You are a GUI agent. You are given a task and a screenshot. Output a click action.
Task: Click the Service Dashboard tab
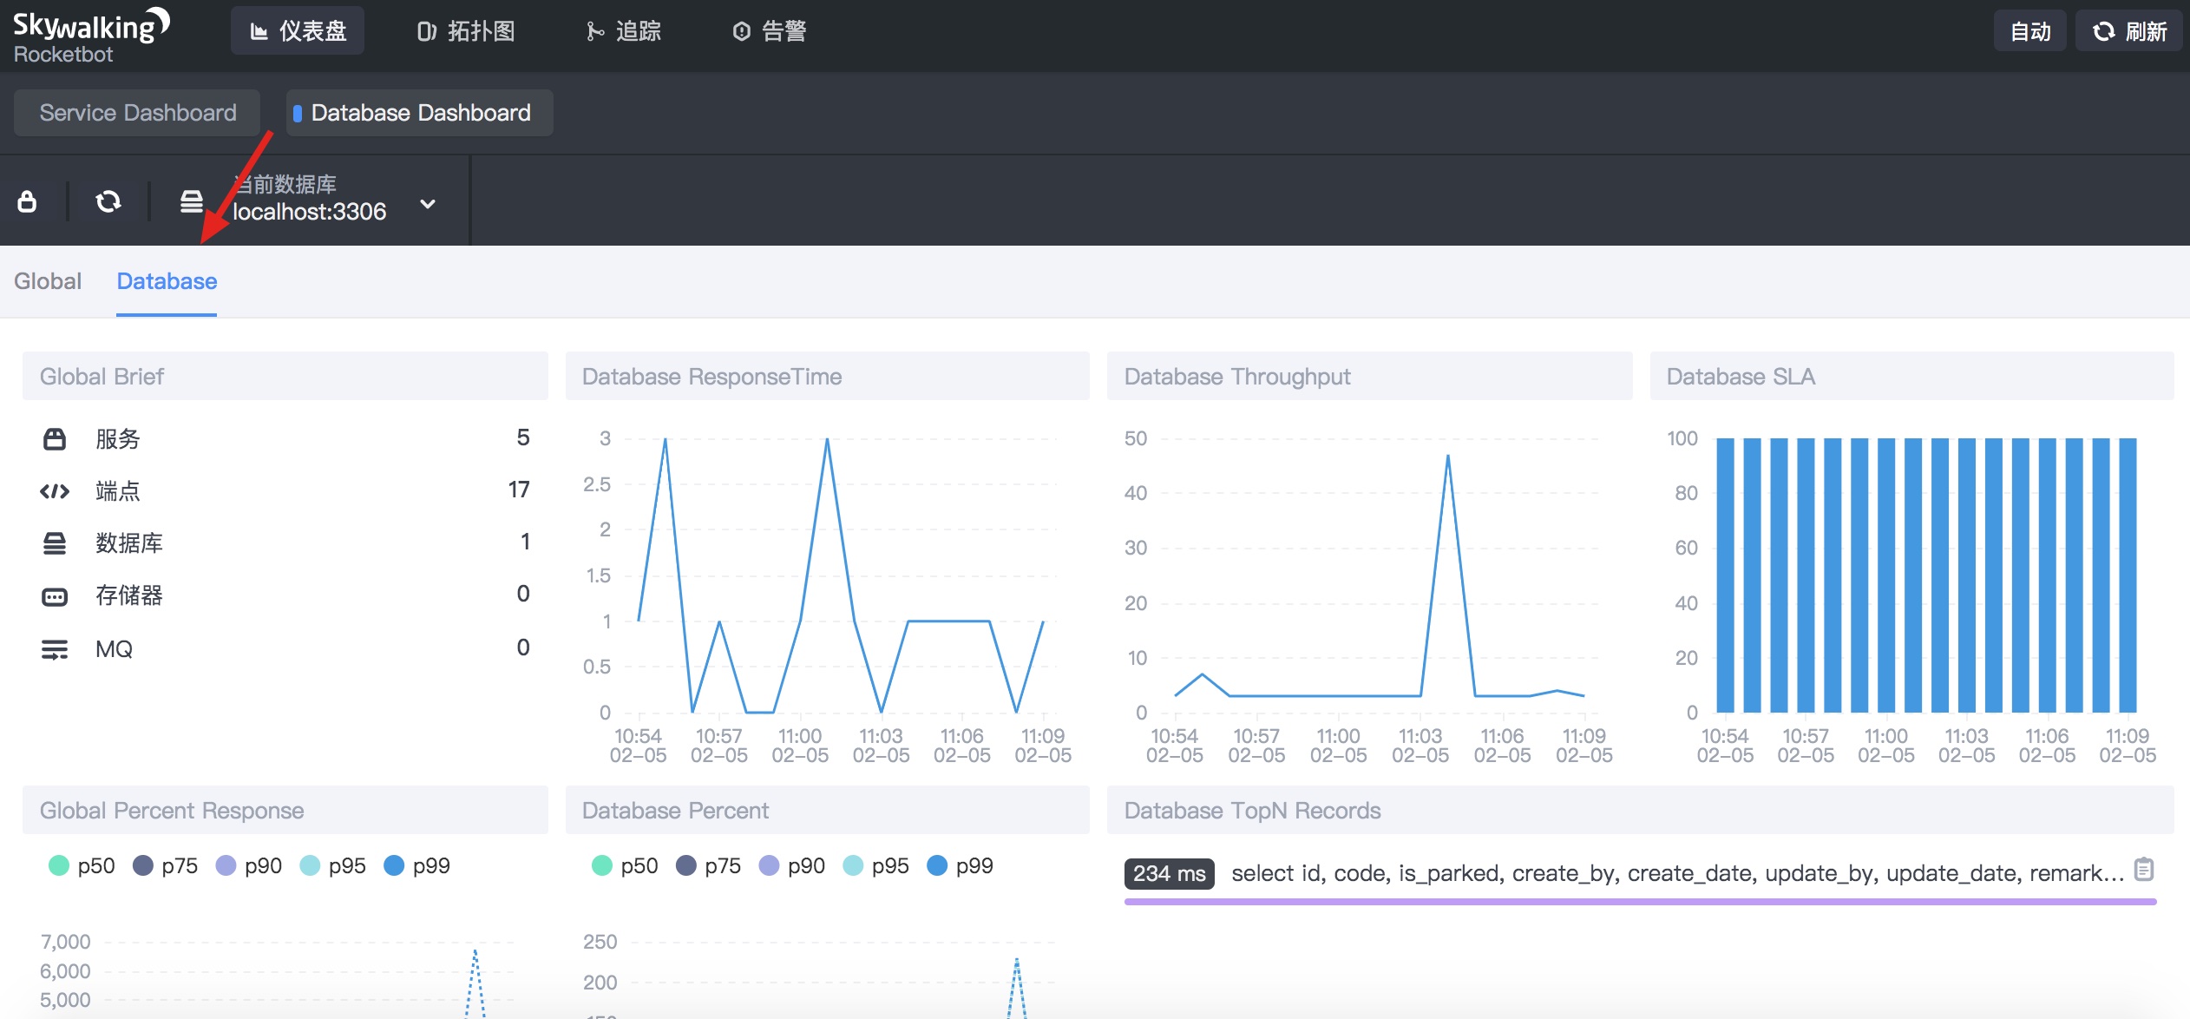click(x=137, y=113)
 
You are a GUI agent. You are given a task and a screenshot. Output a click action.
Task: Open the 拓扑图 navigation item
click(x=466, y=31)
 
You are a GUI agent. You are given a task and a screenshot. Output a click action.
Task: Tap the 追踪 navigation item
click(x=624, y=31)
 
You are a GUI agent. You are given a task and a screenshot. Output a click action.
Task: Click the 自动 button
click(x=2029, y=31)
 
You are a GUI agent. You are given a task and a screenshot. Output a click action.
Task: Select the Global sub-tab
click(x=48, y=281)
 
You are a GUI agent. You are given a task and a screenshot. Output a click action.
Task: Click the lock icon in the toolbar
click(x=27, y=201)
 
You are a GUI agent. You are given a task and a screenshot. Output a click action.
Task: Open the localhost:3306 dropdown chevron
click(x=428, y=204)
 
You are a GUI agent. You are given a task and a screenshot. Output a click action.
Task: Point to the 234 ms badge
click(x=1169, y=873)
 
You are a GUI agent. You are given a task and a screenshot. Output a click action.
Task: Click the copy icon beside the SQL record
click(x=2144, y=869)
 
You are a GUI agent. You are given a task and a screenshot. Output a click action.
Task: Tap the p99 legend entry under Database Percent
click(x=961, y=865)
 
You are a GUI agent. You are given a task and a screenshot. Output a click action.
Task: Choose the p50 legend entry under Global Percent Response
click(x=82, y=865)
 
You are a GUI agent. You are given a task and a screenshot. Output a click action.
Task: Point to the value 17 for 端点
click(x=519, y=490)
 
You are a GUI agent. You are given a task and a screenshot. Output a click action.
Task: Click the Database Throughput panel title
click(x=1237, y=377)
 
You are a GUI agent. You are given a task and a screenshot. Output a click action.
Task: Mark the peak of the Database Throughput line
click(x=1447, y=456)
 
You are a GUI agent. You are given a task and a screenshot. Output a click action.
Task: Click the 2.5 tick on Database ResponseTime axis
click(x=597, y=484)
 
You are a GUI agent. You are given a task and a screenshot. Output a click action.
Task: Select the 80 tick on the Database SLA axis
click(x=1686, y=493)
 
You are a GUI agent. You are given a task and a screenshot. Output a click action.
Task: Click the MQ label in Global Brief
click(x=114, y=649)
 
